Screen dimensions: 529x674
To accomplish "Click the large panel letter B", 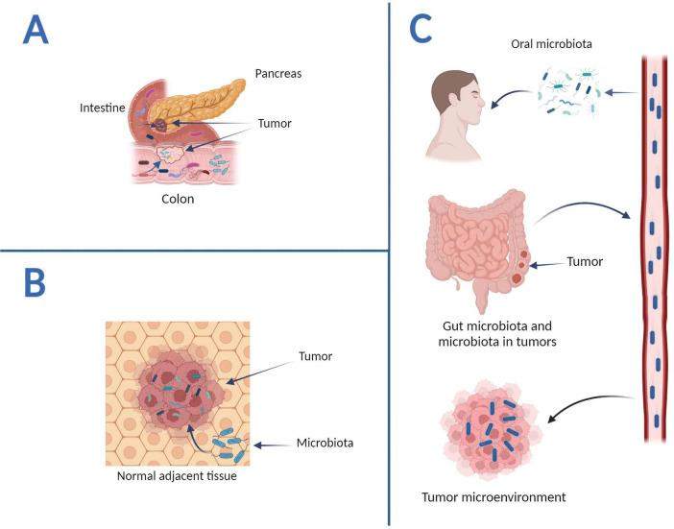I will [x=35, y=285].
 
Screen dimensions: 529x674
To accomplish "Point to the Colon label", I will [x=178, y=202].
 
